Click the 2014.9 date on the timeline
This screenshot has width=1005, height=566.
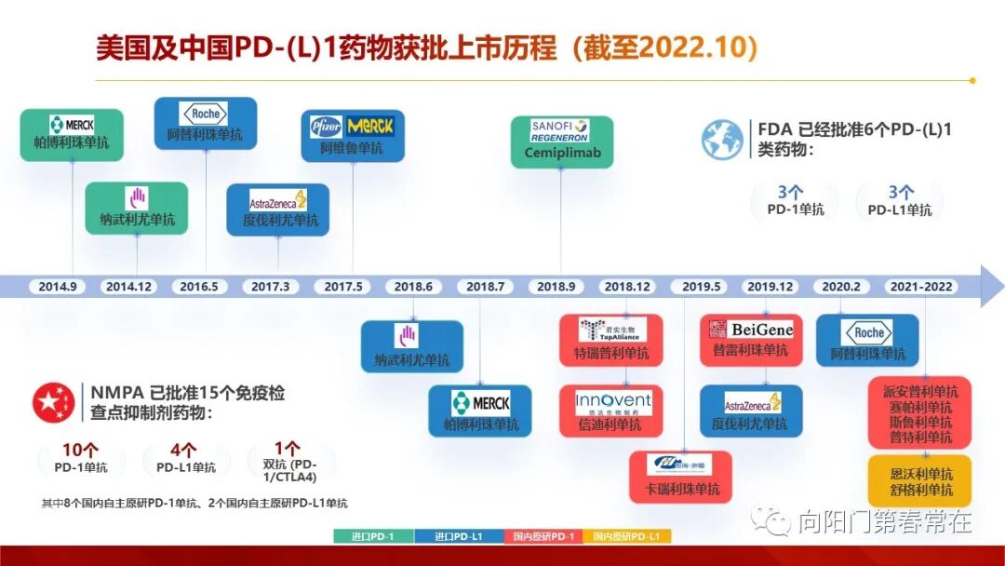tap(58, 287)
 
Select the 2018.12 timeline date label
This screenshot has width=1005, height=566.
tap(626, 287)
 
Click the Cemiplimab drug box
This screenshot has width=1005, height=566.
tap(562, 141)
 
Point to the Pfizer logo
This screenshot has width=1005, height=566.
tap(327, 126)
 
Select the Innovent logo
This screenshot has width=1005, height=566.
tap(612, 402)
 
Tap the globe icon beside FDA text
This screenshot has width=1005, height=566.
tap(722, 139)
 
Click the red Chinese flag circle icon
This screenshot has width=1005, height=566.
tap(54, 402)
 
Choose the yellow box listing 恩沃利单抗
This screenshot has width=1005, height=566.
tap(920, 481)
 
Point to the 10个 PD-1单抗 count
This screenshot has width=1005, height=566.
tap(80, 457)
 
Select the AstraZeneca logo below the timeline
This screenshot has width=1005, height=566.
tap(752, 403)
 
